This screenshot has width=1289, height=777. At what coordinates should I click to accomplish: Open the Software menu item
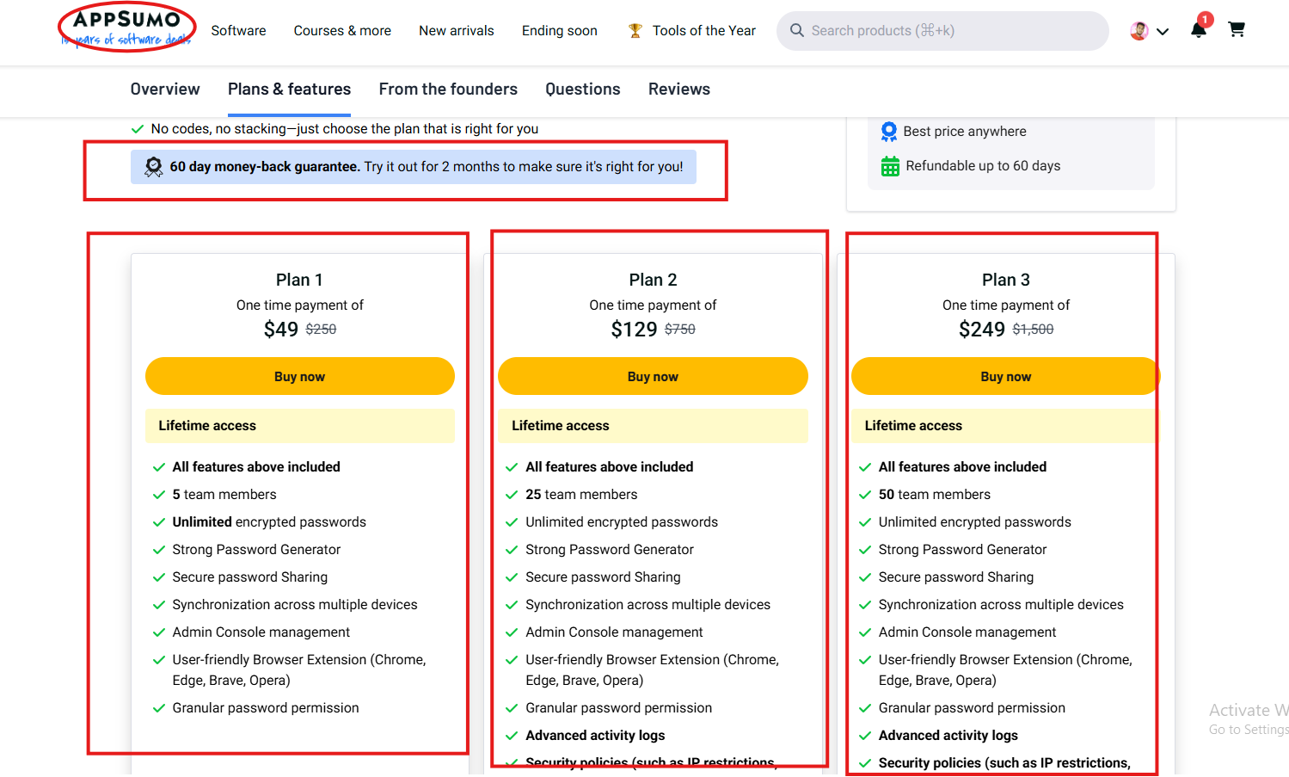coord(238,31)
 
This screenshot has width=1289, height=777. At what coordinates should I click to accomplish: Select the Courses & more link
coord(342,31)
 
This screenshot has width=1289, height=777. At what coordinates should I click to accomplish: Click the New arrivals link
coord(457,31)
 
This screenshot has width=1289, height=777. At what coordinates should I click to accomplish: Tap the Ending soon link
coord(559,31)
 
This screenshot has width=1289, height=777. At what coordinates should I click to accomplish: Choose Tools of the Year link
coord(703,31)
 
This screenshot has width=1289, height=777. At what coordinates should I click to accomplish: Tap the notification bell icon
coord(1198,30)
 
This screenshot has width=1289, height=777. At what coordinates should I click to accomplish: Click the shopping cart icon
coord(1237,30)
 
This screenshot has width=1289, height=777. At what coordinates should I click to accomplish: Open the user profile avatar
coord(1139,31)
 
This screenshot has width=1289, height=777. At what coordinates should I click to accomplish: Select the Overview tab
coord(165,89)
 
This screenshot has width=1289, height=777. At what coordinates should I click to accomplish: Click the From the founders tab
coord(448,89)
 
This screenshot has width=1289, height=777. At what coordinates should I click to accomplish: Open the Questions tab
coord(582,89)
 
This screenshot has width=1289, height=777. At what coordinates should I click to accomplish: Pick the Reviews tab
coord(678,89)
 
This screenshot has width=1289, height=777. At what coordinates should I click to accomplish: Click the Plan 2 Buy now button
coord(653,377)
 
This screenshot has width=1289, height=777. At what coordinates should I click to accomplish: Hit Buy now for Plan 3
coord(1005,377)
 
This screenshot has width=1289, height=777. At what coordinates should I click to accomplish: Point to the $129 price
coord(634,330)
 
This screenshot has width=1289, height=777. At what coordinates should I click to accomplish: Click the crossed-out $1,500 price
coord(1033,330)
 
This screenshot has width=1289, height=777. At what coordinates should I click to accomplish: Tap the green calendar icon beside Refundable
coord(890,166)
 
